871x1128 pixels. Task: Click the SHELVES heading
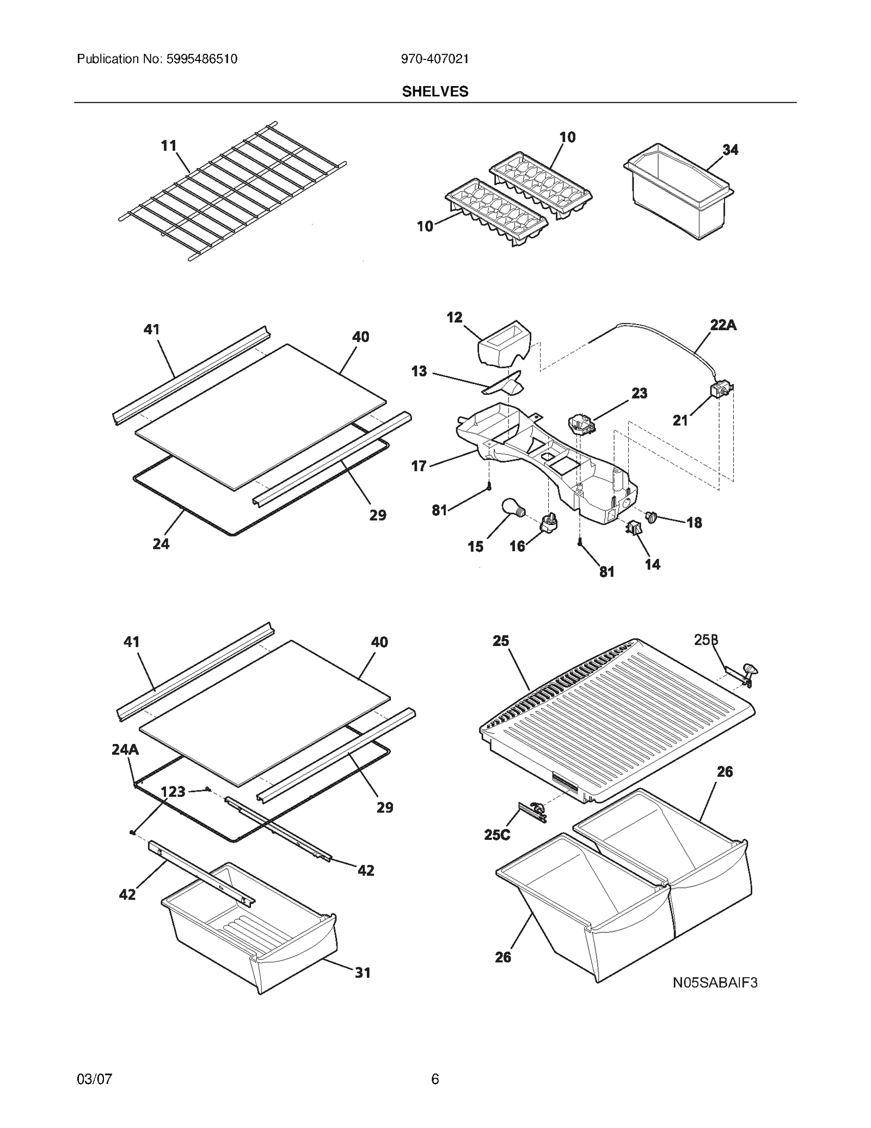click(x=434, y=92)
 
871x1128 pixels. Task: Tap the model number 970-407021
click(x=434, y=59)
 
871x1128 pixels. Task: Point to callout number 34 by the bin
click(x=730, y=150)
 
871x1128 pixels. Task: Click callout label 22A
click(x=722, y=325)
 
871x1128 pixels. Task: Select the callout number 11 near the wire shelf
click(x=169, y=145)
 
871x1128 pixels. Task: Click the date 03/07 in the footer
click(x=94, y=1079)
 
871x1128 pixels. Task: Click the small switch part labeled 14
click(x=634, y=527)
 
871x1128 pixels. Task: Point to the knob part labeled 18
click(x=651, y=515)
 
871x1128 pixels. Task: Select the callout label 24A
click(x=125, y=749)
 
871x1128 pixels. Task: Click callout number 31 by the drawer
click(x=363, y=972)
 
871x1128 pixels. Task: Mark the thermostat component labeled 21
click(x=721, y=391)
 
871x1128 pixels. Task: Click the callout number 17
click(x=419, y=466)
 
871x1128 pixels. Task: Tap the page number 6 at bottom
click(x=434, y=1079)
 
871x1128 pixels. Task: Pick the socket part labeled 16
click(x=549, y=523)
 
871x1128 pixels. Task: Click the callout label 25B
click(x=706, y=640)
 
